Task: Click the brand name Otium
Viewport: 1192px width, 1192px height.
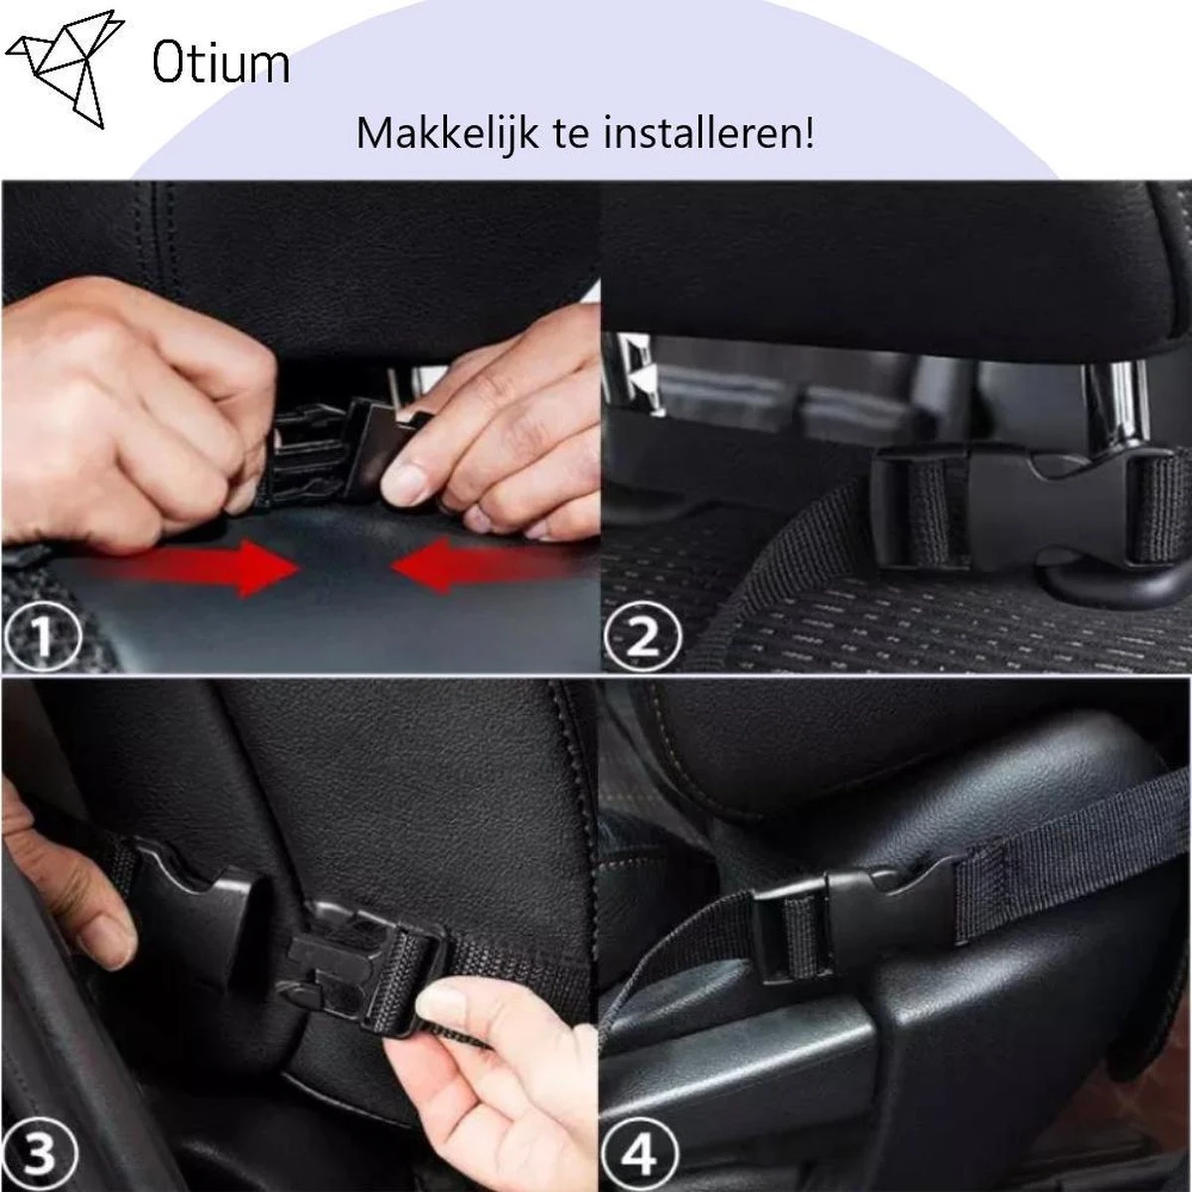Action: coord(221,65)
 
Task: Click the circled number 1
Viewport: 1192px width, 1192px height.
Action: coord(42,634)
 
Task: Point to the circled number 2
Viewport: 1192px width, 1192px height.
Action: coord(643,634)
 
